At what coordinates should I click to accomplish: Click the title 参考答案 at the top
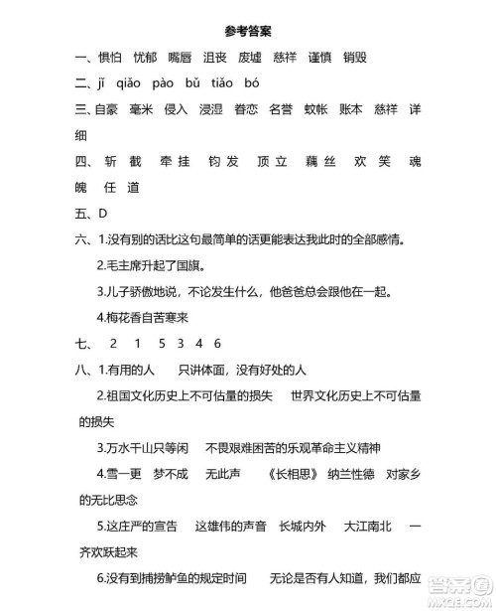pyautogui.click(x=246, y=29)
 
